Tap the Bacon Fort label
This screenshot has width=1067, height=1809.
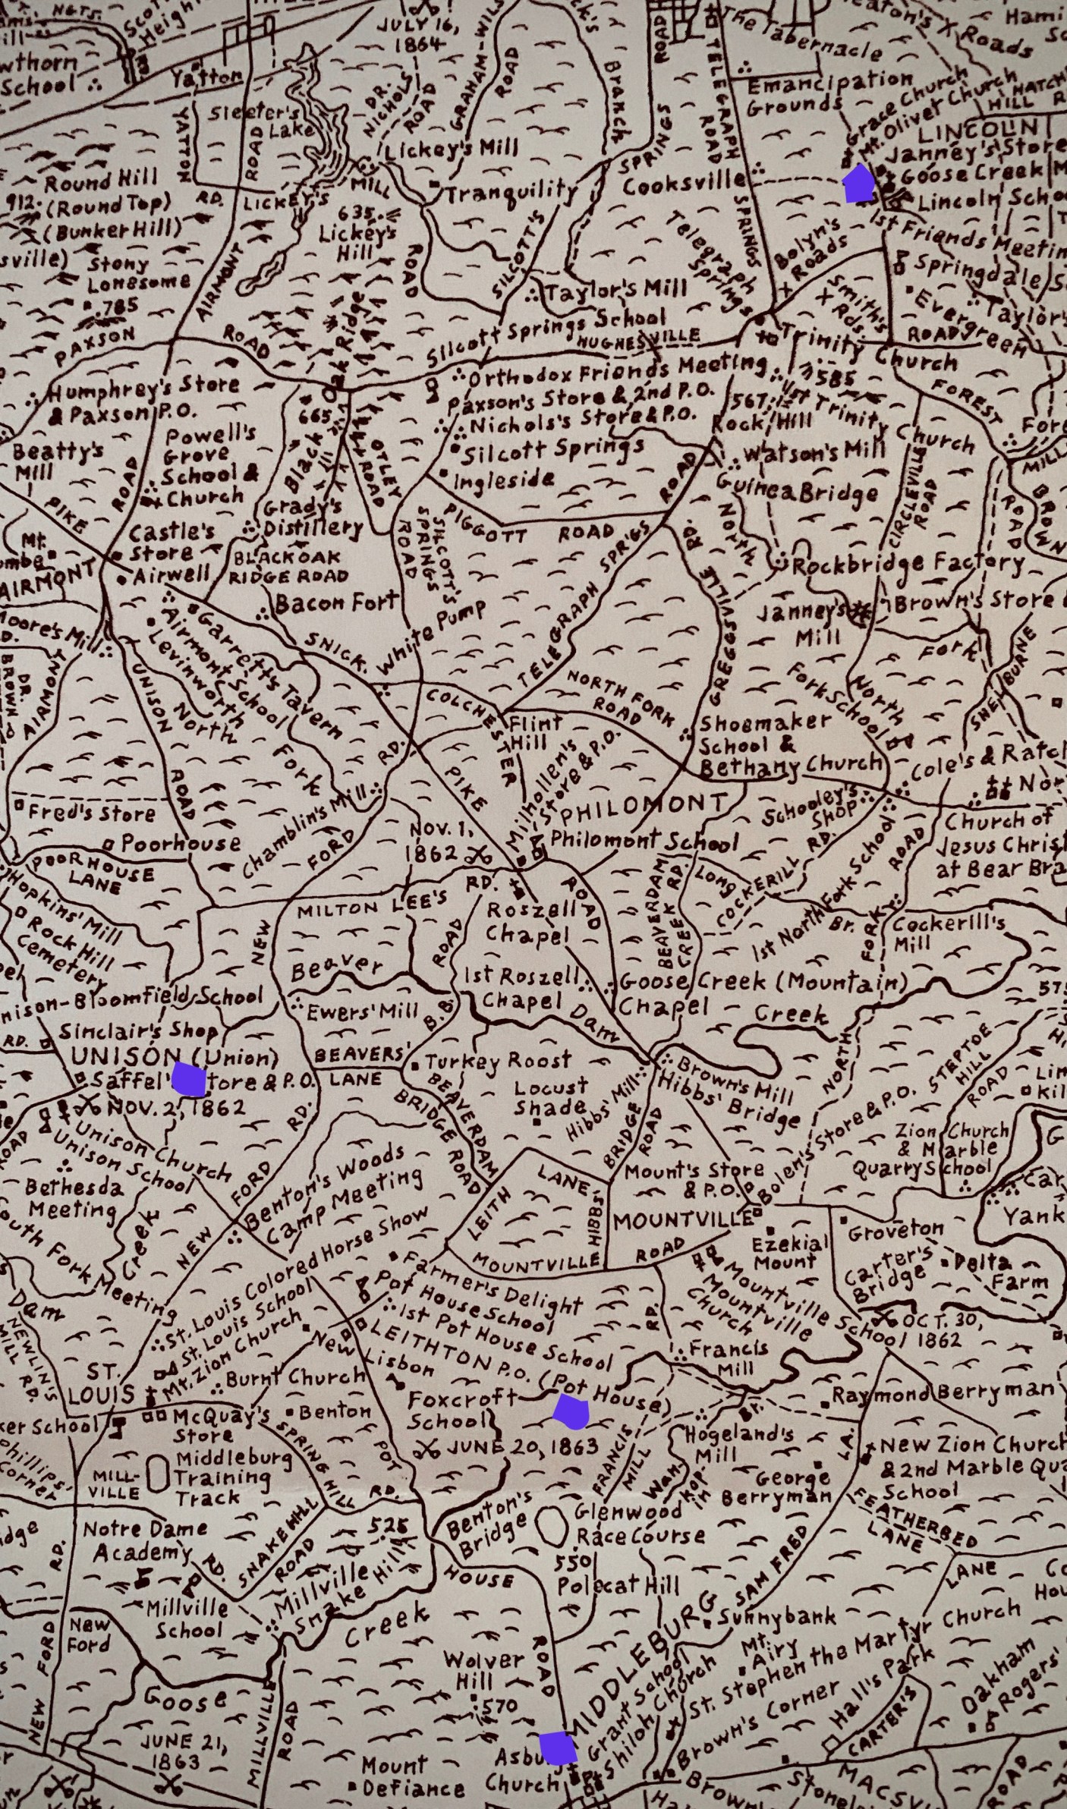[336, 602]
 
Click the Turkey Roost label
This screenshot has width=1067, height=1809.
[498, 1062]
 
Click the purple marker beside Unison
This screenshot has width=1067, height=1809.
[189, 1079]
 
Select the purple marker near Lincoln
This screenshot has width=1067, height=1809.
[860, 184]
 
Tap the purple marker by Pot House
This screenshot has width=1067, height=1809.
[571, 1408]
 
